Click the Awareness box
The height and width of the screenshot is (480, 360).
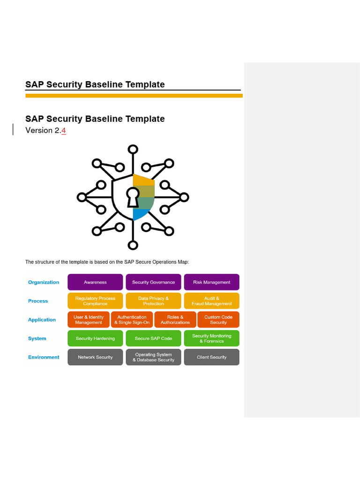pyautogui.click(x=95, y=282)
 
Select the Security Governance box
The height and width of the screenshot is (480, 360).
pyautogui.click(x=153, y=282)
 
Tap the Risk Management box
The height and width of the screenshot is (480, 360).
pyautogui.click(x=211, y=282)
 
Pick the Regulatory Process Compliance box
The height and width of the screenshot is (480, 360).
pyautogui.click(x=95, y=301)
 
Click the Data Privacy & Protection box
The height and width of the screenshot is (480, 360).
pyautogui.click(x=153, y=301)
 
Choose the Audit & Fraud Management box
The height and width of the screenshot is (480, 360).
pyautogui.click(x=211, y=301)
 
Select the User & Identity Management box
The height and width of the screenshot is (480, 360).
pyautogui.click(x=89, y=320)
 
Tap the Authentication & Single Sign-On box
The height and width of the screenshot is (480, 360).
pyautogui.click(x=132, y=320)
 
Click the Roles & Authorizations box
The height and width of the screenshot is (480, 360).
pyautogui.click(x=175, y=320)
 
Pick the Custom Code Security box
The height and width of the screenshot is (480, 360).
pyautogui.click(x=218, y=320)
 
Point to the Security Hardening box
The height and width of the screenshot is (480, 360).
pyautogui.click(x=95, y=338)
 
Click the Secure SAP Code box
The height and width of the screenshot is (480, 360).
pyautogui.click(x=153, y=338)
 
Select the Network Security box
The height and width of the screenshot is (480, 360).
pyautogui.click(x=95, y=357)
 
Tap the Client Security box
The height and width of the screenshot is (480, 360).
pyautogui.click(x=211, y=357)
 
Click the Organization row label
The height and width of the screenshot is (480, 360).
pyautogui.click(x=44, y=282)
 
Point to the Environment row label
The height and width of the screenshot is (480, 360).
pyautogui.click(x=44, y=357)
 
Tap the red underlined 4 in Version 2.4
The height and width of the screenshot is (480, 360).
pyautogui.click(x=63, y=130)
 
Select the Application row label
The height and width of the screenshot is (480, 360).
pyautogui.click(x=42, y=320)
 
